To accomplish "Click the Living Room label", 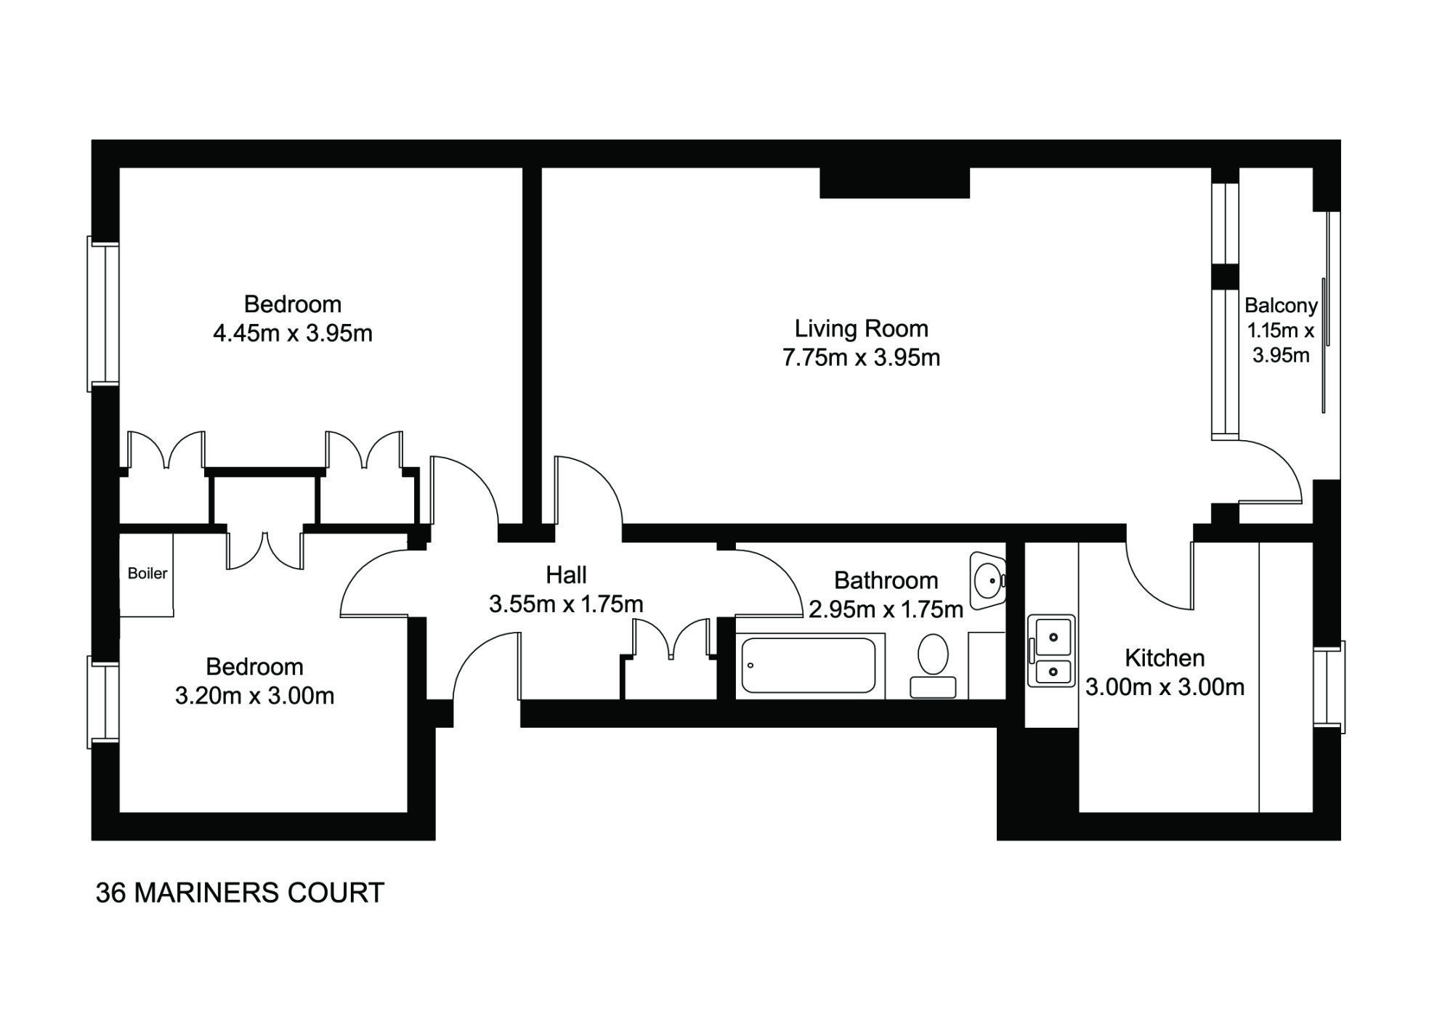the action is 861,328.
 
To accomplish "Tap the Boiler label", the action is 147,573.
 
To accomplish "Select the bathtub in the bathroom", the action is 809,665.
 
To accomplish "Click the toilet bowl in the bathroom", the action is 933,654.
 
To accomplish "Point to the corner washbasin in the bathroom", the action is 987,580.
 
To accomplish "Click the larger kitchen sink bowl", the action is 1051,637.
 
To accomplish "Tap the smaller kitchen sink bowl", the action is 1051,672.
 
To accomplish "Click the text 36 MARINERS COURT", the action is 240,893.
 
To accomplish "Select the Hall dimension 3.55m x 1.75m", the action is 566,604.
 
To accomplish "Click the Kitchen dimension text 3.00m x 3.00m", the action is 1165,686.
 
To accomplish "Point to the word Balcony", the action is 1281,306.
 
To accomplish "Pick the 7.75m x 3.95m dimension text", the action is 861,357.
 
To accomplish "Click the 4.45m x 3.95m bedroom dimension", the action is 292,333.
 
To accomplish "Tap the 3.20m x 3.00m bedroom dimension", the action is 254,696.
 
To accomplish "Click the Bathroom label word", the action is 886,580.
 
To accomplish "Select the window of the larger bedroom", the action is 103,314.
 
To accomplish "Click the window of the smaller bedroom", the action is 103,702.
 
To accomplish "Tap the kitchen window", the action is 1329,687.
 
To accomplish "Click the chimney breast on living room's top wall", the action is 894,182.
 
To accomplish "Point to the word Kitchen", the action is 1165,658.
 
